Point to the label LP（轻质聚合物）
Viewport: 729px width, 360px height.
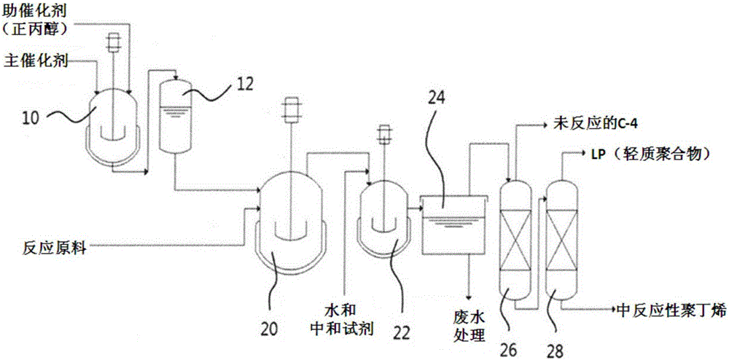(x=653, y=156)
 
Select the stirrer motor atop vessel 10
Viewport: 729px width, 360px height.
(x=113, y=42)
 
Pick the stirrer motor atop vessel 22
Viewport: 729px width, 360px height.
(x=381, y=133)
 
